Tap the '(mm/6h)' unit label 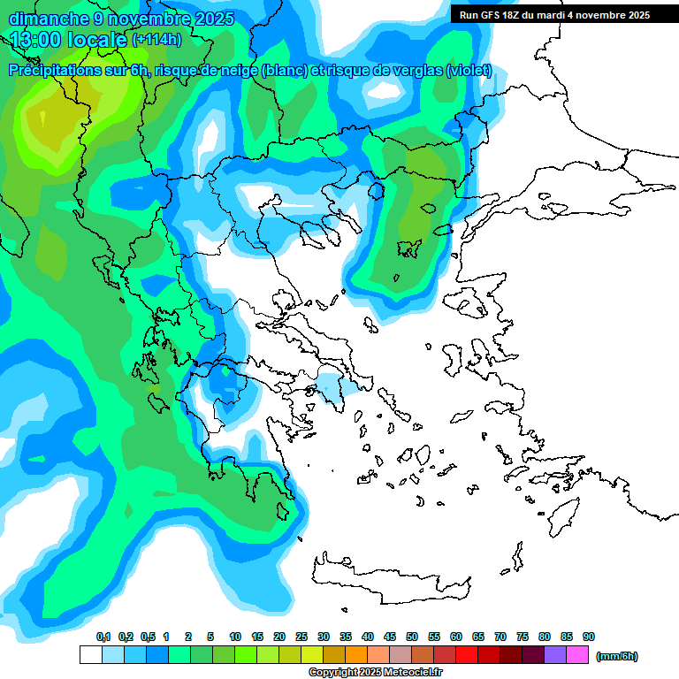pos(616,656)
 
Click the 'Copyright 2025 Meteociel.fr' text pos(375,672)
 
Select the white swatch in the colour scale pos(91,655)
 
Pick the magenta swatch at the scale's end pos(577,655)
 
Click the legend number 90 pos(588,637)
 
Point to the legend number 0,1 pos(103,637)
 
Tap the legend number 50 pos(412,637)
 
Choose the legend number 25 pos(301,637)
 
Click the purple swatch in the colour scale pos(555,655)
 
